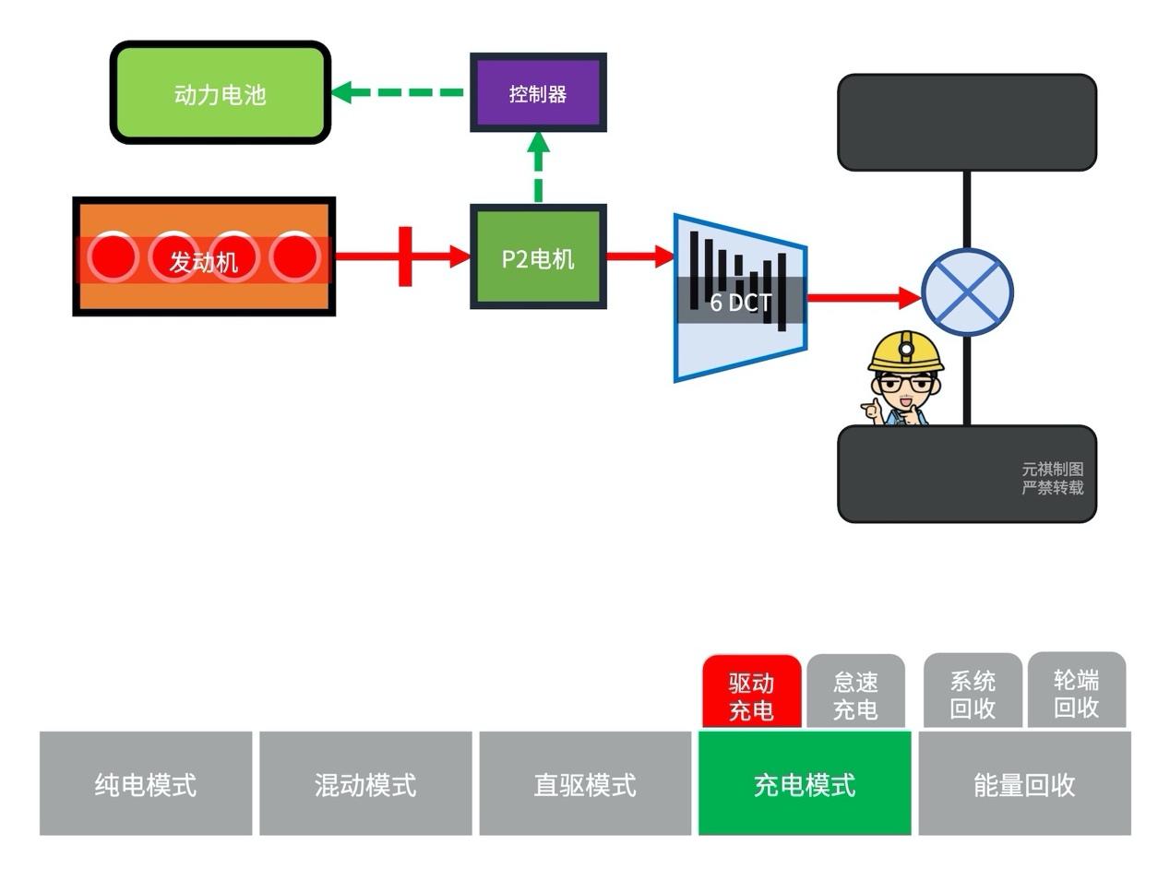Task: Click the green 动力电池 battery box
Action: tap(220, 93)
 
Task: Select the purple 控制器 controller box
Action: tap(538, 93)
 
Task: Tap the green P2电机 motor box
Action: tap(538, 257)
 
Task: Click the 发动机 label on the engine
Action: tap(204, 262)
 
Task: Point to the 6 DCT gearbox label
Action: tap(740, 302)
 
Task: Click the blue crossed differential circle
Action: tap(967, 292)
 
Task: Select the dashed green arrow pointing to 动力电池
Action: tap(397, 92)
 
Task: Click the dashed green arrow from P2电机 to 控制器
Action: tap(539, 167)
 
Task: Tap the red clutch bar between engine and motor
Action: tap(405, 256)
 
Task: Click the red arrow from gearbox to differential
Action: tap(863, 297)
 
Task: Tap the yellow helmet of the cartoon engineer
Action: tap(907, 351)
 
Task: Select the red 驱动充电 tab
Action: tap(751, 696)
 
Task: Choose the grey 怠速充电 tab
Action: tap(855, 696)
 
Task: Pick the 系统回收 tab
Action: tap(973, 694)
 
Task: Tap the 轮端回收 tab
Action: tap(1077, 694)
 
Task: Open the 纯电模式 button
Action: tap(146, 784)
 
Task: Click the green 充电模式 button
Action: tap(805, 784)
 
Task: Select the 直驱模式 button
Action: tap(585, 784)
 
